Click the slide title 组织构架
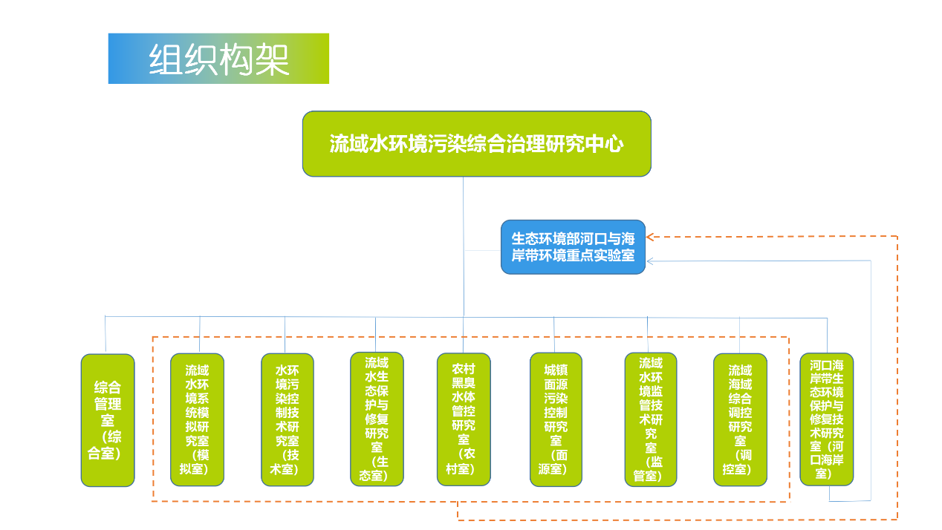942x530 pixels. (218, 59)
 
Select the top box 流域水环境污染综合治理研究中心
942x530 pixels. (476, 144)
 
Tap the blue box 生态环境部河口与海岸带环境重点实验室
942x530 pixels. (573, 247)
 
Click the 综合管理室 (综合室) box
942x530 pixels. (108, 420)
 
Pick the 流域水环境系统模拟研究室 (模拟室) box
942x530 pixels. (197, 419)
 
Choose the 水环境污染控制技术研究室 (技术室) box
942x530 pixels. (288, 419)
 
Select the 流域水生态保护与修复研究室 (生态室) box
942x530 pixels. (377, 419)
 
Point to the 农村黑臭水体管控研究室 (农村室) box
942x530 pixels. (464, 419)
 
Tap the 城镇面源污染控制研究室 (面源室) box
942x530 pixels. (556, 419)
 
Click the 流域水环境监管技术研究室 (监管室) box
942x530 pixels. (651, 419)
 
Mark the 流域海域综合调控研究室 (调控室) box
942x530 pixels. (740, 419)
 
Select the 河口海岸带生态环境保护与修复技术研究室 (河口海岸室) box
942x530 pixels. (827, 419)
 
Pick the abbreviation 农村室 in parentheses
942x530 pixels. (464, 461)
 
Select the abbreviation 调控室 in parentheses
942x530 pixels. (737, 462)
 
